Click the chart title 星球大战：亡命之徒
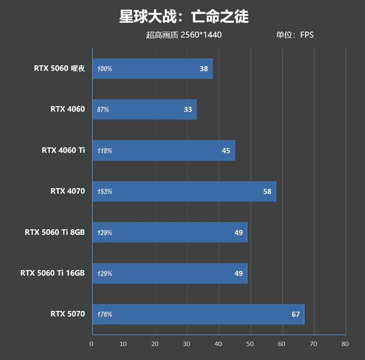tap(183, 17)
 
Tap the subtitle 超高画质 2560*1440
tap(184, 35)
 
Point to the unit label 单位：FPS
tap(295, 35)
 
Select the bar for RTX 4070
tap(184, 191)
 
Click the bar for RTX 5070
tap(198, 314)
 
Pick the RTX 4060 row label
tap(68, 109)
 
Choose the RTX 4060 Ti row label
tap(63, 150)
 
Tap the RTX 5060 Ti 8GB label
tap(55, 232)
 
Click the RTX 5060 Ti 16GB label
tap(52, 273)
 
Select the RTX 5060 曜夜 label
tap(59, 69)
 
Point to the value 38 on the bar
tap(203, 69)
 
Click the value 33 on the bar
tap(188, 110)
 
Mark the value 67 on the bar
tap(296, 314)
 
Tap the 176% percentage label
tap(104, 315)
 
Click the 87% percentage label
tap(103, 110)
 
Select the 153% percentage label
tap(104, 192)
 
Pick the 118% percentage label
tap(104, 151)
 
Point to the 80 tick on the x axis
tap(345, 344)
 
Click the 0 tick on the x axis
tap(92, 344)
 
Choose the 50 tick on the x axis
tap(250, 344)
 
